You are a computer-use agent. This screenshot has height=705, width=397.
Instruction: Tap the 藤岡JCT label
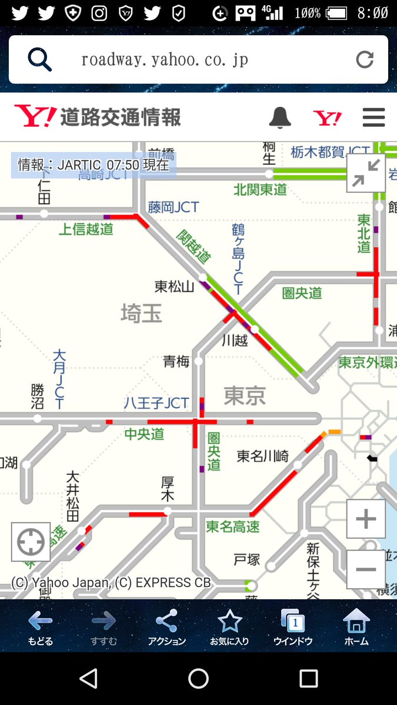point(174,207)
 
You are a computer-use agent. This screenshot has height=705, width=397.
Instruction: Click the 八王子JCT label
point(156,403)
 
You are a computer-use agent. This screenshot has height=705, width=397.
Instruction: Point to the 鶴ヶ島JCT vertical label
point(238,258)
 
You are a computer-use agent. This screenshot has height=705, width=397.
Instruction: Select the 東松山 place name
point(174,287)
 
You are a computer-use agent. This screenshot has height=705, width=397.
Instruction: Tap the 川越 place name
point(234,340)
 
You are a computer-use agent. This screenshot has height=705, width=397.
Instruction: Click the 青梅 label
point(176,361)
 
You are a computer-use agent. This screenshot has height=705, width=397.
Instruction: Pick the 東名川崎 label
point(262,456)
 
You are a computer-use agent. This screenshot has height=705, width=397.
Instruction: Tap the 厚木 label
point(168,489)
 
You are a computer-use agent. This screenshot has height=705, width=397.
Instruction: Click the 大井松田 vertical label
point(73,496)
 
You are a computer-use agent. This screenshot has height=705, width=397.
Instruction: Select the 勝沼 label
point(38,397)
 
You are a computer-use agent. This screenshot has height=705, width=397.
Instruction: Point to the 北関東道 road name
point(260,189)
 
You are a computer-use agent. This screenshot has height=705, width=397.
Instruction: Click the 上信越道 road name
point(86,229)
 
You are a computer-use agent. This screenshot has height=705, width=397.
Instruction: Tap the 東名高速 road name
point(232,527)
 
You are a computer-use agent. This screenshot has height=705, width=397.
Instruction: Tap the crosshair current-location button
point(31,542)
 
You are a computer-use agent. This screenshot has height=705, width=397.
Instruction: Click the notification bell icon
point(280,117)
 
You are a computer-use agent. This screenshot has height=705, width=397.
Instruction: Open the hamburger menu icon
point(373,117)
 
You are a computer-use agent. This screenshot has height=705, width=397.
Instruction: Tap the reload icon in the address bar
point(365,59)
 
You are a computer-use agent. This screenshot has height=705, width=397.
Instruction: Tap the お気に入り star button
point(229,627)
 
